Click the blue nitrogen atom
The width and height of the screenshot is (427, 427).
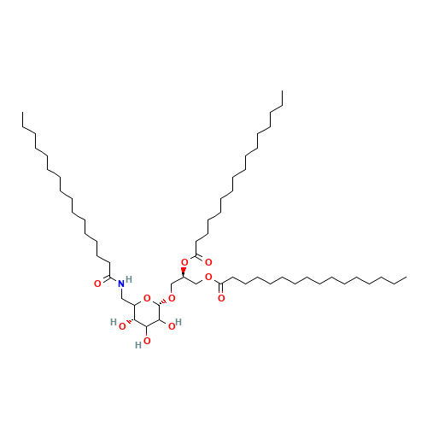(x=120, y=284)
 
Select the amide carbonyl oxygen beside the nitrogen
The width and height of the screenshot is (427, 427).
(x=97, y=283)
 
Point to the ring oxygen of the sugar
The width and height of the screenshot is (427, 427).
(x=147, y=299)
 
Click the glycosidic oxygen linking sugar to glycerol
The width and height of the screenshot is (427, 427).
(x=172, y=298)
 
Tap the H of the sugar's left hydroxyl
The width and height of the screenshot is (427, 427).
(x=114, y=324)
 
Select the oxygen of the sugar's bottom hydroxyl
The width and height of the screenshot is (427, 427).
(x=148, y=341)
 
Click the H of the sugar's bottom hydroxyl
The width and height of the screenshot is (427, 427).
(x=137, y=345)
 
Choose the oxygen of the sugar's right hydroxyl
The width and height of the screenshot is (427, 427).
(x=172, y=325)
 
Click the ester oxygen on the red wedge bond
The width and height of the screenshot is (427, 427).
(x=184, y=262)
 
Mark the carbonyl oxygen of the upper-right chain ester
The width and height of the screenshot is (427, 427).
(x=208, y=262)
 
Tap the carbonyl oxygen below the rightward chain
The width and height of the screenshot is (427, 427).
(x=221, y=297)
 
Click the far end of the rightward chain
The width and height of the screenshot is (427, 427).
(x=406, y=276)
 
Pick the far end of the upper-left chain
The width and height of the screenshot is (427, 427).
(x=23, y=128)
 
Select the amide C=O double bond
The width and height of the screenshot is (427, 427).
(x=104, y=281)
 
